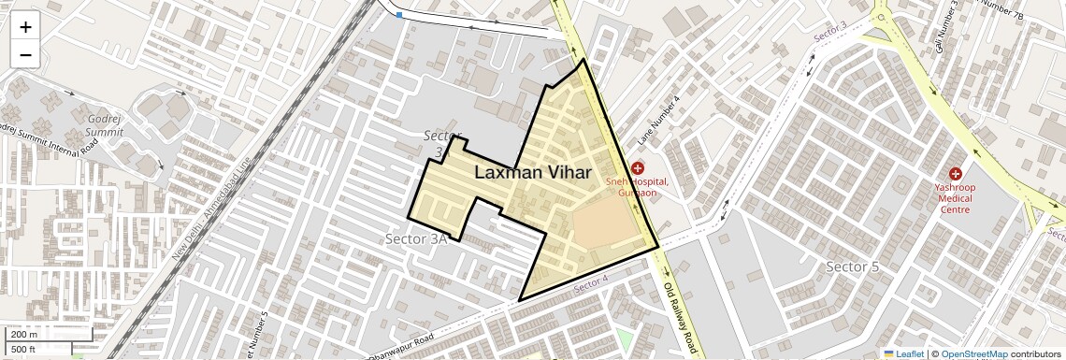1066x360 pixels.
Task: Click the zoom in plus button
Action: pos(25,27)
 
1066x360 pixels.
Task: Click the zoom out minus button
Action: pos(25,55)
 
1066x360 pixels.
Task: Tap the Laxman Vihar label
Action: pos(533,172)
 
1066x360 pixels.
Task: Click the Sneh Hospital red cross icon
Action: pos(637,167)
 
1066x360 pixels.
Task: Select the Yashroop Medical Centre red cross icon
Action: pos(956,173)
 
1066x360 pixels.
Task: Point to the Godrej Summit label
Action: pos(105,125)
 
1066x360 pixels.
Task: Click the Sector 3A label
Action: pos(417,239)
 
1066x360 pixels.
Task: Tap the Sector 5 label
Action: pos(853,267)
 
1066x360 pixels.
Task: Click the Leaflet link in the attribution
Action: pos(903,353)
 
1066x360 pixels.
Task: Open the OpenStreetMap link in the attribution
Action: pos(973,353)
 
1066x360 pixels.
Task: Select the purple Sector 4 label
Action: pos(591,281)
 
